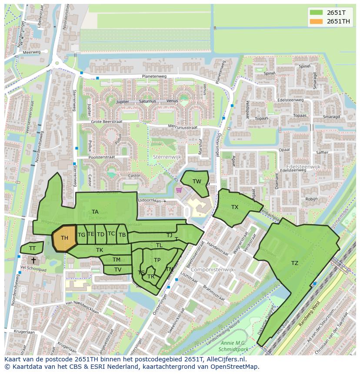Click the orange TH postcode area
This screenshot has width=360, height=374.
(64, 238)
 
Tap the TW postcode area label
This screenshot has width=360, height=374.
(197, 182)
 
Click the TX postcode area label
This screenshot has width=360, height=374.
(235, 207)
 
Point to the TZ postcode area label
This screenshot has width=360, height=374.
(295, 263)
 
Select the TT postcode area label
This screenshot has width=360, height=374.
(32, 248)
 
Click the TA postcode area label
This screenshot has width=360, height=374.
(95, 212)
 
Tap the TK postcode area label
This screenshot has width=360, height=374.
(100, 250)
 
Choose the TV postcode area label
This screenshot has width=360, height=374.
(118, 270)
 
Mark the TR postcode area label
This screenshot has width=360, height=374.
(151, 277)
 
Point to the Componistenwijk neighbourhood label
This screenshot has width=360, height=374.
(213, 270)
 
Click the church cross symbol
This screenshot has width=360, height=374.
(34, 260)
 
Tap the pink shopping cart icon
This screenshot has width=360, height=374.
(178, 190)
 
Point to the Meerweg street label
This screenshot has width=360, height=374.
(31, 52)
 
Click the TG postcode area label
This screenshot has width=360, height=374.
(81, 235)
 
